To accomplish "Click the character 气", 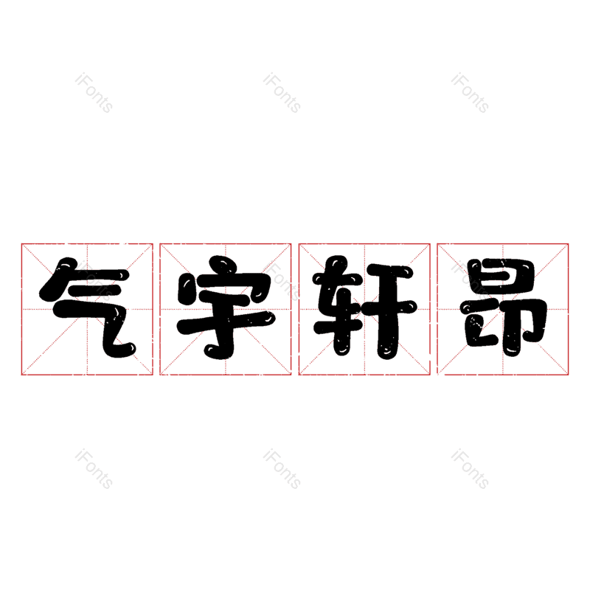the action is click(x=88, y=308).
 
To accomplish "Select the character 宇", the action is click(x=226, y=308).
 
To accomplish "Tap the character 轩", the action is click(x=365, y=308).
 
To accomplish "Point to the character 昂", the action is click(x=504, y=308).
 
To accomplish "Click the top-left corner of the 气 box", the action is click(x=22, y=244).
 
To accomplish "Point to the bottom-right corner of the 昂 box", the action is click(x=568, y=375).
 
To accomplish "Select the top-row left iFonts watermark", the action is click(x=94, y=93).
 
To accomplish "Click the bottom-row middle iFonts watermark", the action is click(x=282, y=469).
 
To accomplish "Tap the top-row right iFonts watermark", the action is click(x=470, y=93).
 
